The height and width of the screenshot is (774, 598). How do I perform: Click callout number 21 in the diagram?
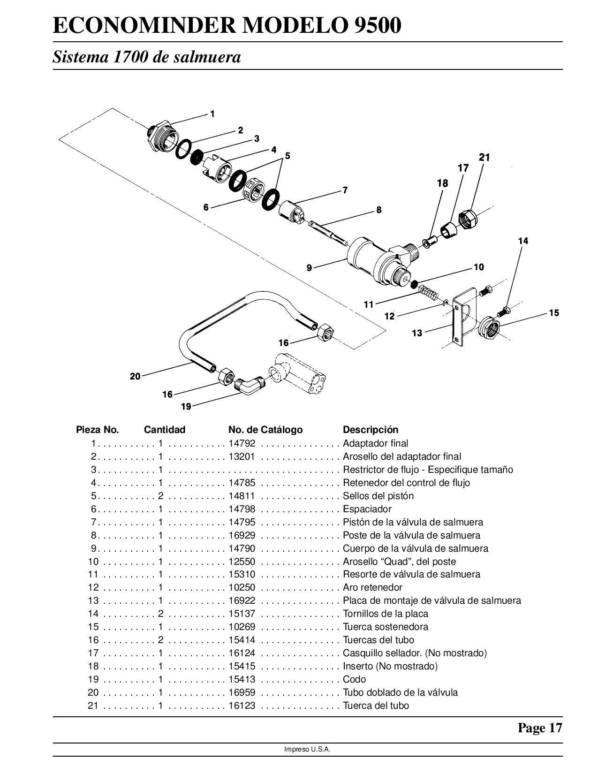[x=484, y=158]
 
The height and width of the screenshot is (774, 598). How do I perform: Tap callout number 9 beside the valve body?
[x=309, y=268]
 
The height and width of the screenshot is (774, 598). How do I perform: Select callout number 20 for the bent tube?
[x=135, y=376]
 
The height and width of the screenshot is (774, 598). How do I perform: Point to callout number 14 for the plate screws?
[x=523, y=241]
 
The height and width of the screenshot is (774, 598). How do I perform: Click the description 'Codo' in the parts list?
[x=354, y=679]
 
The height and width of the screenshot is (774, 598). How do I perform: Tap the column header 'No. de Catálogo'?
[x=265, y=430]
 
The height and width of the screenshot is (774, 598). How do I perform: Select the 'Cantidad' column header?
[x=165, y=430]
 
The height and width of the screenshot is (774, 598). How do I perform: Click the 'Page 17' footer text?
[x=539, y=728]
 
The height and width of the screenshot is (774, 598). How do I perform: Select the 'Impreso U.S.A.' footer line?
[x=307, y=750]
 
